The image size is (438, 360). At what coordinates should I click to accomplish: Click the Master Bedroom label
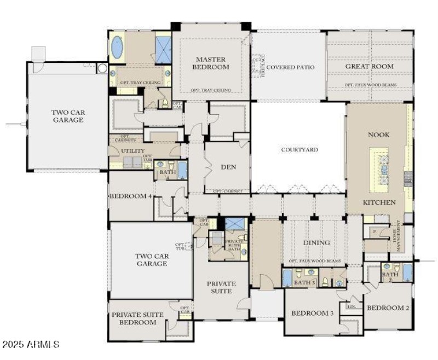coord(212,63)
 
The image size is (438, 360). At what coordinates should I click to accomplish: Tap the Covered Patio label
coord(290,67)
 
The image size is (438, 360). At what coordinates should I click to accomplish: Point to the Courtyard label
coord(299,149)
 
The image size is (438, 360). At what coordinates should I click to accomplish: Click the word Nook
coord(378,135)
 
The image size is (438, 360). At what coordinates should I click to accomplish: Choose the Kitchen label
coord(379,202)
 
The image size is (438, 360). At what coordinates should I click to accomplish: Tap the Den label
coord(228,167)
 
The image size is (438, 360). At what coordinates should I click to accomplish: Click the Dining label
coord(316,242)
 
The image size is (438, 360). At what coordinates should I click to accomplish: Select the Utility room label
coord(134,151)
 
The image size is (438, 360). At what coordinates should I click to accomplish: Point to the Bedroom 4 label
coord(130,196)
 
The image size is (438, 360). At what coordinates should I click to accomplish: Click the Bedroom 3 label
coord(312,313)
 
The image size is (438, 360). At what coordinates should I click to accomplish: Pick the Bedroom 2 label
coord(388,308)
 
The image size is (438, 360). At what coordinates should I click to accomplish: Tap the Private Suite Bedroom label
coord(134,318)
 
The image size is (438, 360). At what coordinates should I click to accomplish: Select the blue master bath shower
coord(164,49)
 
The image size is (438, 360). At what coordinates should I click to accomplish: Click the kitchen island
coord(384,170)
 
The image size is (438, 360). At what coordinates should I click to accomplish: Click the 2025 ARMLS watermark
coord(31,345)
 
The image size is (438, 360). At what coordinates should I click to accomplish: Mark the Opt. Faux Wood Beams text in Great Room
coord(370,85)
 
